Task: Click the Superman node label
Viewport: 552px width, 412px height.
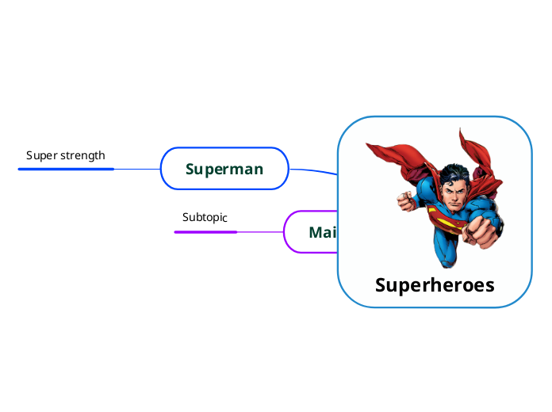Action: click(x=224, y=169)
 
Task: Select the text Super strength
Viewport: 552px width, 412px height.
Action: click(x=66, y=155)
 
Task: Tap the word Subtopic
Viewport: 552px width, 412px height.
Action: click(x=205, y=217)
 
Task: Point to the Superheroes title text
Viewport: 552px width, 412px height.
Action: click(x=435, y=285)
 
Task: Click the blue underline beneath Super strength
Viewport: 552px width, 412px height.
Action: click(x=67, y=169)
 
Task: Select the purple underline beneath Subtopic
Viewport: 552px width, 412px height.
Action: click(x=205, y=232)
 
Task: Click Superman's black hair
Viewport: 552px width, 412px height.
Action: click(x=455, y=174)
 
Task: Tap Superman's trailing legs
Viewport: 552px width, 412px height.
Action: click(x=446, y=254)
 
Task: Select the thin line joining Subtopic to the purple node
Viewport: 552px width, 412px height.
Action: click(x=260, y=232)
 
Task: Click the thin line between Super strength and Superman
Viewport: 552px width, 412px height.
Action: click(x=137, y=169)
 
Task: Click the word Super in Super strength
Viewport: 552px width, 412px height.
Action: click(x=40, y=155)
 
